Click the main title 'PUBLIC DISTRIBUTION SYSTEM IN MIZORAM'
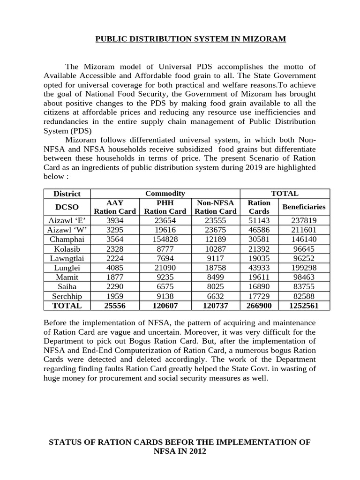click(190, 39)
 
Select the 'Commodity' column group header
click(165, 193)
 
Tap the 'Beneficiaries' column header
click(304, 207)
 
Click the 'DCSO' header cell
click(67, 207)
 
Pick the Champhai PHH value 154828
click(165, 239)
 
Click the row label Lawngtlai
click(67, 258)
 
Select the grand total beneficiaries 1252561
click(304, 305)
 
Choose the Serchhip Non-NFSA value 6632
click(216, 296)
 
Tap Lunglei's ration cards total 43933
click(259, 268)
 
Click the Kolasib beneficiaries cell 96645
click(304, 248)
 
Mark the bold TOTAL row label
click(67, 305)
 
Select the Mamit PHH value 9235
click(165, 277)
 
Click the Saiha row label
click(67, 286)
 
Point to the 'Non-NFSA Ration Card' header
click(216, 207)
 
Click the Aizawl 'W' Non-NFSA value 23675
click(216, 230)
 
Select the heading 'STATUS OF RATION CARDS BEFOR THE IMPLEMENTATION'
click(180, 442)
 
